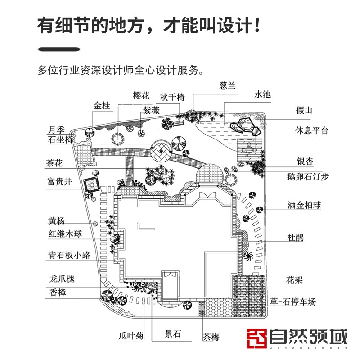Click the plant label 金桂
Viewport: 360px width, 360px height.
(102, 106)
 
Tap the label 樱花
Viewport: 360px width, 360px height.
(141, 95)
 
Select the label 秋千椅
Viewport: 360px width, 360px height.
(172, 97)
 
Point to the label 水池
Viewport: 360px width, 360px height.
(263, 94)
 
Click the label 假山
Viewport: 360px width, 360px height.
(304, 110)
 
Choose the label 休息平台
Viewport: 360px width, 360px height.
(312, 131)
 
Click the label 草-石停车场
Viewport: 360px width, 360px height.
(299, 302)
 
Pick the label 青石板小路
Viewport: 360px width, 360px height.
(70, 256)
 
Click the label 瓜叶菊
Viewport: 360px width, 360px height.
(131, 335)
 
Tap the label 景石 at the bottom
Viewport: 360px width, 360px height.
(173, 334)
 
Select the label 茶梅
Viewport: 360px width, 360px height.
(211, 336)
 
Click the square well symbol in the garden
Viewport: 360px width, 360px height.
(92, 184)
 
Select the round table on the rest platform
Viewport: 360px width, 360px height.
(248, 146)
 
